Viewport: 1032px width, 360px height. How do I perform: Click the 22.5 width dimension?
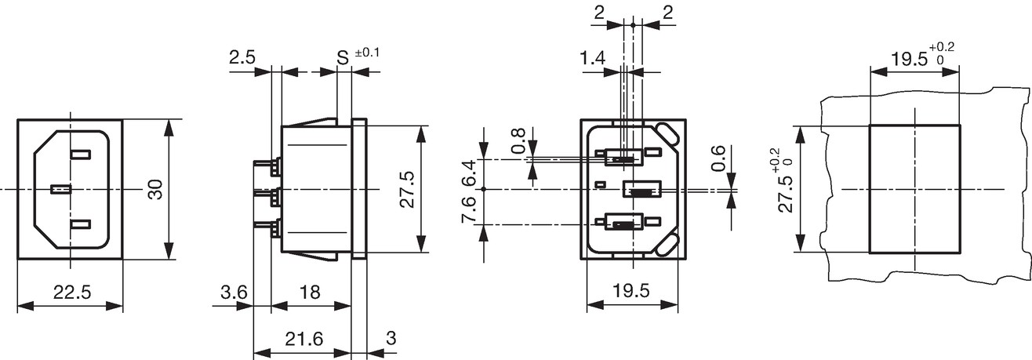pyautogui.click(x=72, y=293)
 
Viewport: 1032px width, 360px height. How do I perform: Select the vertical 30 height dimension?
pyautogui.click(x=156, y=190)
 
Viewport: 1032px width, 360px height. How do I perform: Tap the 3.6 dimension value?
pyautogui.click(x=234, y=293)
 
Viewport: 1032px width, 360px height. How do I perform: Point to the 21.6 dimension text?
pyautogui.click(x=304, y=339)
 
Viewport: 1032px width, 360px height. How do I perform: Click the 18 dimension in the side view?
pyautogui.click(x=310, y=293)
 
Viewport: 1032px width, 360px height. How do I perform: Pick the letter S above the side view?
pyautogui.click(x=343, y=58)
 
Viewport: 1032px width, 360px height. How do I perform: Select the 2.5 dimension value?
pyautogui.click(x=242, y=57)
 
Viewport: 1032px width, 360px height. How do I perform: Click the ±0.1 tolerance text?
pyautogui.click(x=367, y=53)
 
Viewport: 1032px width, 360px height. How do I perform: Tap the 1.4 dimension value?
pyautogui.click(x=592, y=58)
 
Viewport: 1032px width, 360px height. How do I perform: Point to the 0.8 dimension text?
pyautogui.click(x=518, y=141)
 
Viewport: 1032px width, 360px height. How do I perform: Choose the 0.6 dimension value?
pyautogui.click(x=718, y=158)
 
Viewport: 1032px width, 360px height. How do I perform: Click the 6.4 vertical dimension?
pyautogui.click(x=468, y=173)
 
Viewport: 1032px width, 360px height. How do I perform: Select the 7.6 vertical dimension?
pyautogui.click(x=468, y=209)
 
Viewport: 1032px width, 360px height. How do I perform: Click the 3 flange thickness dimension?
pyautogui.click(x=391, y=339)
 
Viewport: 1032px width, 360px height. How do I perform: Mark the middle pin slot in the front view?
pyautogui.click(x=61, y=190)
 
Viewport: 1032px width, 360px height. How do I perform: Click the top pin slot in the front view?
pyautogui.click(x=80, y=155)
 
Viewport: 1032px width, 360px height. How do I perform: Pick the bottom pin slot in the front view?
pyautogui.click(x=80, y=224)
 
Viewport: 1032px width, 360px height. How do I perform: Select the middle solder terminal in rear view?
pyautogui.click(x=642, y=190)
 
